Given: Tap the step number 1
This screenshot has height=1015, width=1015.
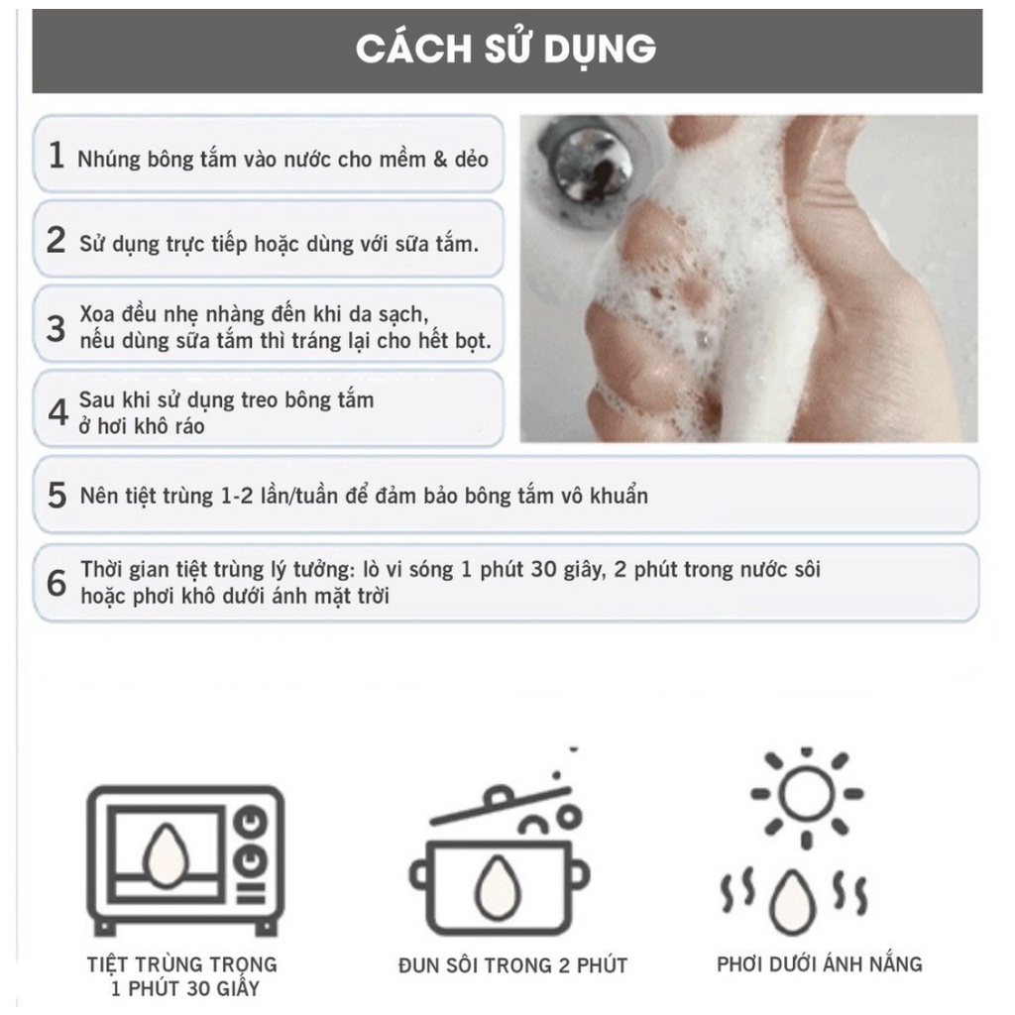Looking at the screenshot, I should point(56,156).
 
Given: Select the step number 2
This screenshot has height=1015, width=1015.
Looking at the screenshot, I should point(56,241).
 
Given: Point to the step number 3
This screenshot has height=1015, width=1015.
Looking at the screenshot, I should point(56,326).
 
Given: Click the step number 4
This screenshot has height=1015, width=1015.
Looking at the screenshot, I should point(57,409).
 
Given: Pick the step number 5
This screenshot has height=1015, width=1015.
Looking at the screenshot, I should point(56,494).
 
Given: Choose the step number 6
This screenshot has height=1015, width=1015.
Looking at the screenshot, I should point(56,582).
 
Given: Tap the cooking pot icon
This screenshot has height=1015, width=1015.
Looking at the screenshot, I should point(501,857).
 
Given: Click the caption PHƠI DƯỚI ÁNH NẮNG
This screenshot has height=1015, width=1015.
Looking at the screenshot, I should point(819,962).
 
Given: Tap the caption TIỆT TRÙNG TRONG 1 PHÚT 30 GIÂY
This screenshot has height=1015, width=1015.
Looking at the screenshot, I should point(180,976).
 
